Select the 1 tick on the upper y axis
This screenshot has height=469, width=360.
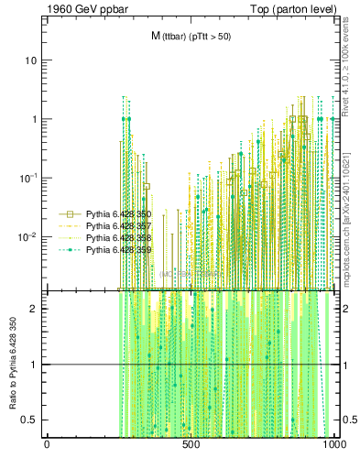click(x=34, y=119)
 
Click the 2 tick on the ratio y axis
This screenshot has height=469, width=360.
click(x=34, y=309)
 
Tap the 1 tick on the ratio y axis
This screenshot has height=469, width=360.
click(x=34, y=365)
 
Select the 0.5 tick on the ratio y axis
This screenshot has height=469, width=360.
click(x=29, y=420)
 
